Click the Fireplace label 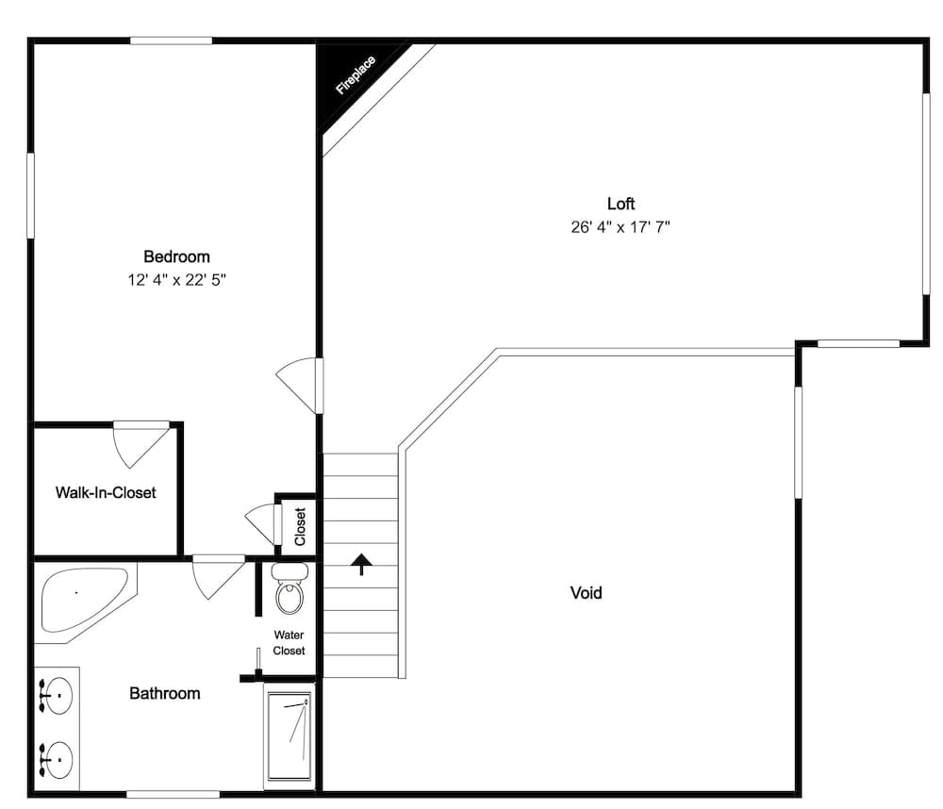pos(356,75)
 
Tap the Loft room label pos(620,203)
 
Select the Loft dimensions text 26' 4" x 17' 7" pos(620,227)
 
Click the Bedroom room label pos(176,256)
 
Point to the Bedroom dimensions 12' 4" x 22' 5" pos(176,280)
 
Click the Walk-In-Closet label pos(106,492)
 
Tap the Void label pos(586,593)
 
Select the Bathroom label pos(165,693)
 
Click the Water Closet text pos(289,643)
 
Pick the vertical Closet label pos(300,527)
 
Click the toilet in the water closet pos(289,590)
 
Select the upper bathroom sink pos(56,696)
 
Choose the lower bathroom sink pos(56,756)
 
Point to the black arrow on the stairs pos(361,564)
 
